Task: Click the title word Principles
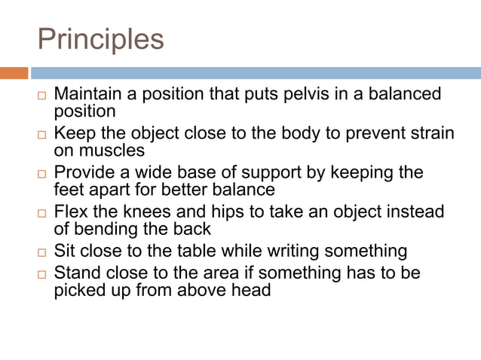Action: [x=100, y=39]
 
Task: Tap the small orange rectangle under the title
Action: [x=14, y=73]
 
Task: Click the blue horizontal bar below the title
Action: [x=256, y=73]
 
